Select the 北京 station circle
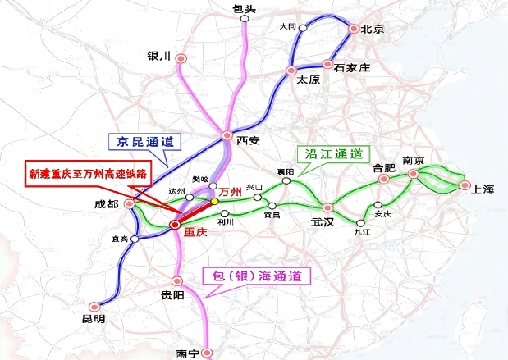click(354, 30)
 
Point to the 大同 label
click(287, 26)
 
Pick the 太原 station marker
click(292, 71)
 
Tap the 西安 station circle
click(227, 137)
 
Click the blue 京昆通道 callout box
click(145, 142)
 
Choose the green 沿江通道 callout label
click(334, 153)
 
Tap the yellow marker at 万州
click(215, 200)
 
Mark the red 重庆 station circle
click(175, 224)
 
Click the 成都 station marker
click(129, 203)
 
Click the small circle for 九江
click(361, 221)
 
